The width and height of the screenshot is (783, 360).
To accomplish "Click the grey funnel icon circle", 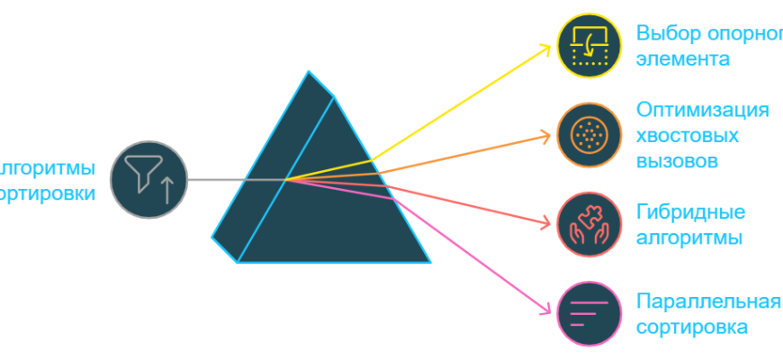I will point(148,180).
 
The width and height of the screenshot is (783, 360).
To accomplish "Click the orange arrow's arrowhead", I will point(546,136).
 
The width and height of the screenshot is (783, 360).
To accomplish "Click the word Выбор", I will point(664,34).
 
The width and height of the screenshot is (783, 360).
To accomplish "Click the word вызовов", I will point(677,162).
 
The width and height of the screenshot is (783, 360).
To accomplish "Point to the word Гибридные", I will point(690,213).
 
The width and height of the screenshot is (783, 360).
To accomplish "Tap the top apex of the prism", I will point(309,71).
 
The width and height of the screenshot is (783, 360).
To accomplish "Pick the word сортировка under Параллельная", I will point(691,326).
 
